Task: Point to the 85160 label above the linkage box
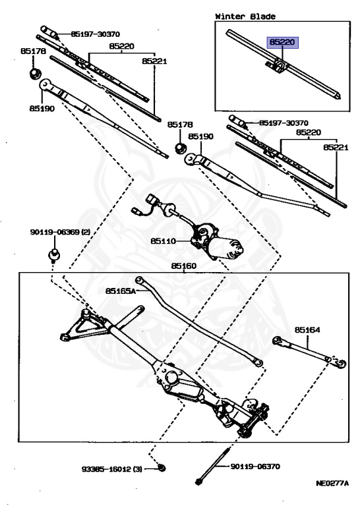click(184, 266)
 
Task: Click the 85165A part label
click(120, 290)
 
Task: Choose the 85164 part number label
click(307, 329)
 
